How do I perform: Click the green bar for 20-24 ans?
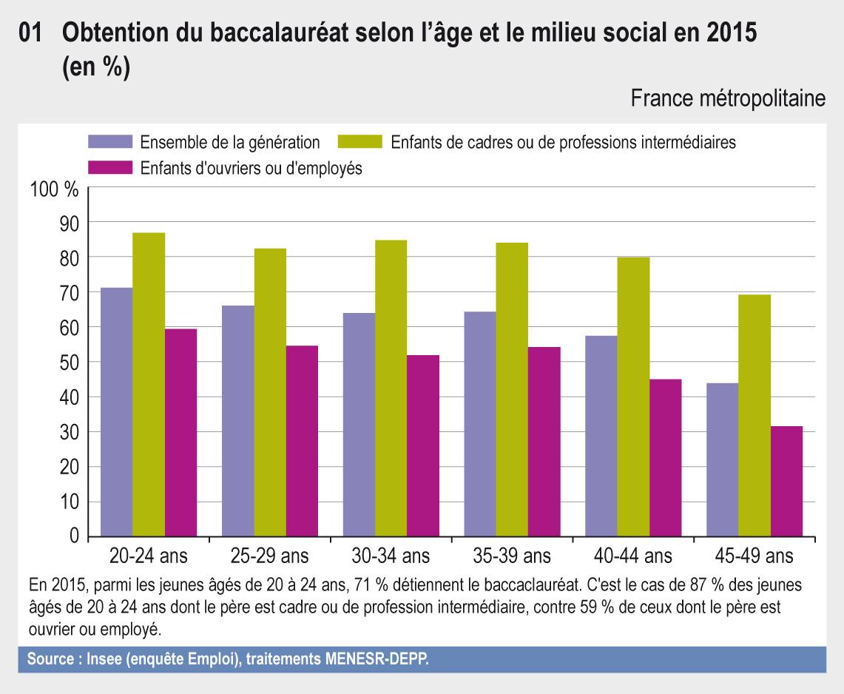(x=149, y=385)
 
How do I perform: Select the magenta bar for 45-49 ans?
(x=786, y=481)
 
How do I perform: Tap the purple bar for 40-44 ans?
(x=601, y=436)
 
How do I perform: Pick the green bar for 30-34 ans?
(x=391, y=388)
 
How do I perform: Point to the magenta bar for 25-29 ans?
(x=302, y=441)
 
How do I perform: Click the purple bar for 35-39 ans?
(x=480, y=424)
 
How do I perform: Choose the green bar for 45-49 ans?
(x=754, y=415)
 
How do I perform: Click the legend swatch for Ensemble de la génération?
(x=110, y=142)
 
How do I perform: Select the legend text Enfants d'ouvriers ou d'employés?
(x=251, y=168)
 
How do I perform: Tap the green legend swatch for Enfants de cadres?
(x=360, y=142)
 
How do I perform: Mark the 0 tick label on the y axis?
(x=73, y=536)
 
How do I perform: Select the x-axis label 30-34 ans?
(x=391, y=555)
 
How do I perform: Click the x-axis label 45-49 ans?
(x=754, y=555)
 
